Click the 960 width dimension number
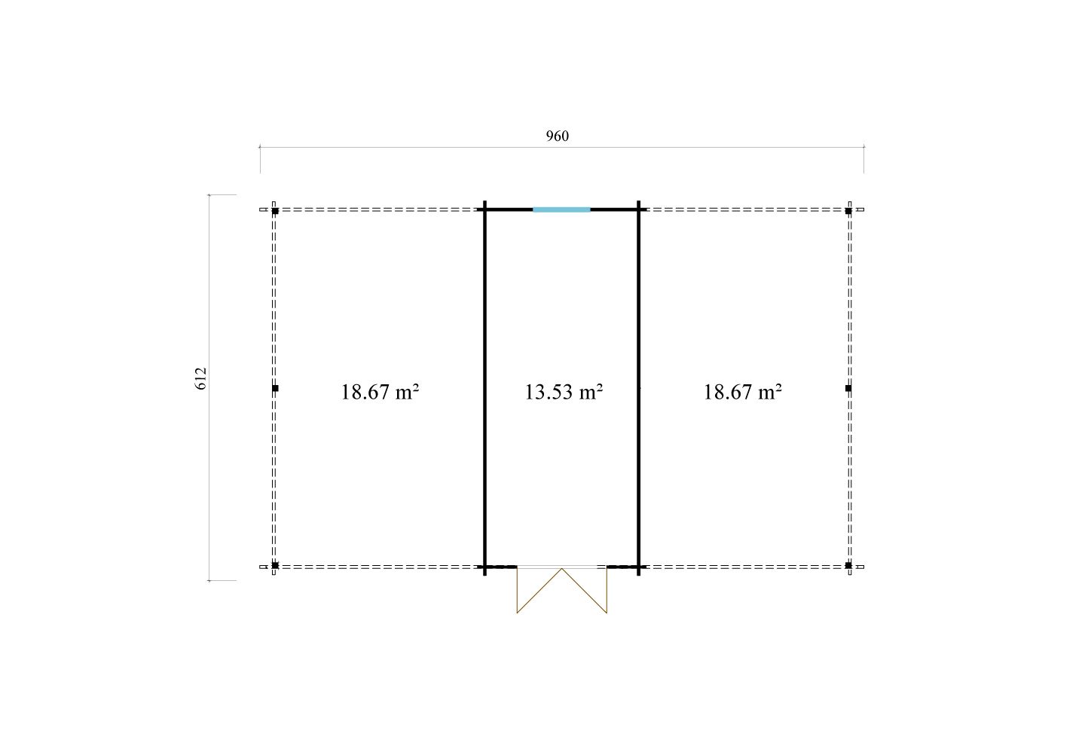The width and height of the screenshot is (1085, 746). (557, 136)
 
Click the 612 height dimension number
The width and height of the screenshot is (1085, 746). (200, 378)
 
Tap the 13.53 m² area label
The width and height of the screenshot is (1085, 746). (564, 392)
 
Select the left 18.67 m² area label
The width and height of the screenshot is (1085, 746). (380, 392)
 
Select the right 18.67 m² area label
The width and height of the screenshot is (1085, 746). (743, 392)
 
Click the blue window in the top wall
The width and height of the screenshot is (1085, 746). (561, 209)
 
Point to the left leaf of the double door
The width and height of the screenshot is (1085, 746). (539, 591)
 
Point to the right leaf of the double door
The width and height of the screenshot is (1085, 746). (585, 591)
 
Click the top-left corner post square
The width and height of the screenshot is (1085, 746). (275, 211)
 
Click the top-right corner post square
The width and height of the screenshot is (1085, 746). (848, 211)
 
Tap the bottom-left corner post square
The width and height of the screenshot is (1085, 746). (275, 565)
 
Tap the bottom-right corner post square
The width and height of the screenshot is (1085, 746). (848, 565)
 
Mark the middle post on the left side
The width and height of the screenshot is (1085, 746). (275, 389)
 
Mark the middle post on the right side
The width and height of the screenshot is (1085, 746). (848, 389)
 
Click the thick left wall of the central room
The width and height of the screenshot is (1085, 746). (485, 388)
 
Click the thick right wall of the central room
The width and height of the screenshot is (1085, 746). (638, 388)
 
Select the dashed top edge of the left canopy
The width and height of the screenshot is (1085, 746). (372, 210)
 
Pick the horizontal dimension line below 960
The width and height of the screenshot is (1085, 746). (562, 147)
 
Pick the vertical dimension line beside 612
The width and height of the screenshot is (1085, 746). (209, 387)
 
